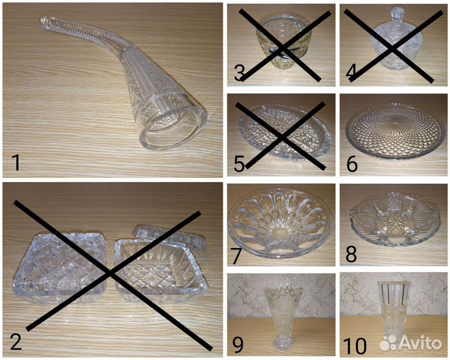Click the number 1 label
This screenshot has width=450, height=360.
tap(16, 163)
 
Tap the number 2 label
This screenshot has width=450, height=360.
tap(16, 341)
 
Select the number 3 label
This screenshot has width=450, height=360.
tap(239, 73)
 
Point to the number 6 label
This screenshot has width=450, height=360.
tap(352, 163)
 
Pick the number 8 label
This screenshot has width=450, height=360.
tap(351, 254)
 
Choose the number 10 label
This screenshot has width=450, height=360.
tap(355, 345)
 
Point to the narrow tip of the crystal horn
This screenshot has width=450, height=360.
tap(43, 21)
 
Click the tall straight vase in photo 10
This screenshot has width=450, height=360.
tap(394, 313)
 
